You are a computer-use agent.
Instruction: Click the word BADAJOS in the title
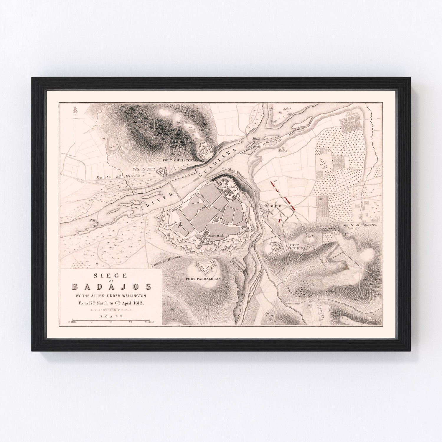pos(112,286)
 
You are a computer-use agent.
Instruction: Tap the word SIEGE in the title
pos(111,276)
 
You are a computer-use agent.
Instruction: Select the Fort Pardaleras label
pos(203,278)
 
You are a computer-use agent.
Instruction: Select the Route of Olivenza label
pos(167,261)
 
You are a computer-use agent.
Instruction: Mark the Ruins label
pos(283,150)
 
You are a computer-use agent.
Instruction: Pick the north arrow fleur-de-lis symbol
pos(76,110)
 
